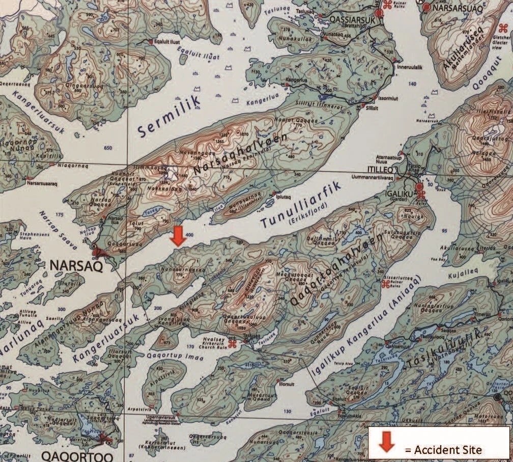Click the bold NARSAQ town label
point(76,266)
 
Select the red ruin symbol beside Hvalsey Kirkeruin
point(232,344)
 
